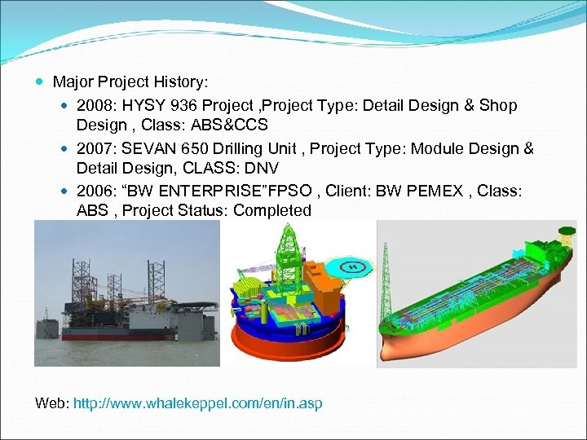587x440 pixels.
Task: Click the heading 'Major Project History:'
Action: [x=130, y=82]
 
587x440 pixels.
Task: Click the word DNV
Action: [x=262, y=168]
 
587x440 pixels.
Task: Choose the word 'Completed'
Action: [x=273, y=210]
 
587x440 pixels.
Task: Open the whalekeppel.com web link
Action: [x=197, y=403]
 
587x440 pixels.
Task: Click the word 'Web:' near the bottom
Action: [x=52, y=403]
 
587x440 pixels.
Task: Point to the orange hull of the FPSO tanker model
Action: [x=457, y=342]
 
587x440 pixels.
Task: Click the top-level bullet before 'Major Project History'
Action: [x=42, y=82]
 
